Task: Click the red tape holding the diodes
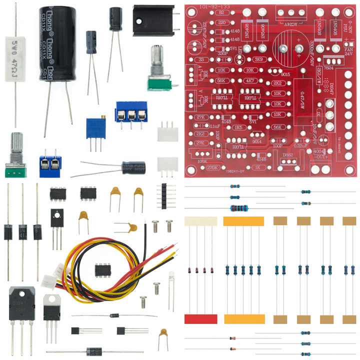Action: coord(200,319)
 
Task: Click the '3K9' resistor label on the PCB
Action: coord(258,59)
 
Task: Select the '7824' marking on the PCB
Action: coord(329,68)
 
